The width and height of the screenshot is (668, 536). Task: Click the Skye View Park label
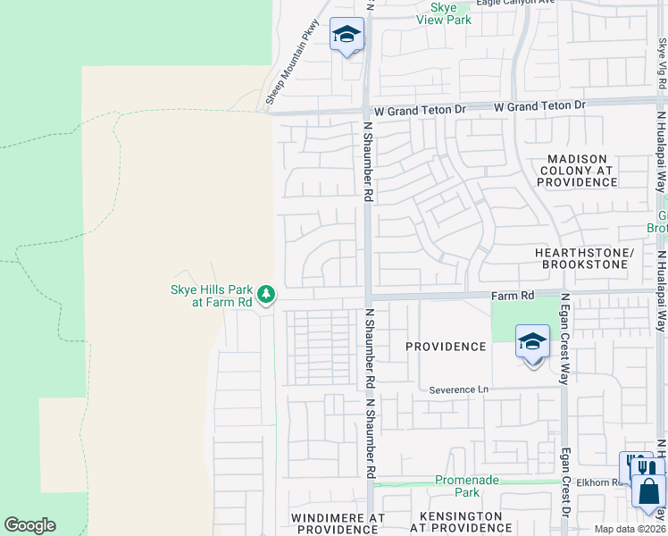coord(444,13)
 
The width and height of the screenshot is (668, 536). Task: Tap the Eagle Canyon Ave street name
coord(515,3)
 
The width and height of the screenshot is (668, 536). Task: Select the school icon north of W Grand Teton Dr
coord(347,36)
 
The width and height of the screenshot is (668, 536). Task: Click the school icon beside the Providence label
coord(532,342)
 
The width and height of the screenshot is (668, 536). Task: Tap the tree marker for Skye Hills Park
coord(265,294)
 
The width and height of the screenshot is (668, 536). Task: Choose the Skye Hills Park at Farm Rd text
coord(211,296)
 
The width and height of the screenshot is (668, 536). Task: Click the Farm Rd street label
coord(513,295)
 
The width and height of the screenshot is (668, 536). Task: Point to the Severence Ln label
coord(459,390)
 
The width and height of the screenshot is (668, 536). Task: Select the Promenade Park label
coord(467,486)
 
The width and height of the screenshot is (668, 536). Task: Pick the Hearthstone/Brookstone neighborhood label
coord(584,259)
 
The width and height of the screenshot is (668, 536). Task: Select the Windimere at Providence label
coord(338,523)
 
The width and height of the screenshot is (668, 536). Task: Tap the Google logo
coord(29,525)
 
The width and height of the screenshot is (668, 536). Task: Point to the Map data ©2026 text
coord(629,529)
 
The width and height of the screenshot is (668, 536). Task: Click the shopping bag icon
coord(647,490)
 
